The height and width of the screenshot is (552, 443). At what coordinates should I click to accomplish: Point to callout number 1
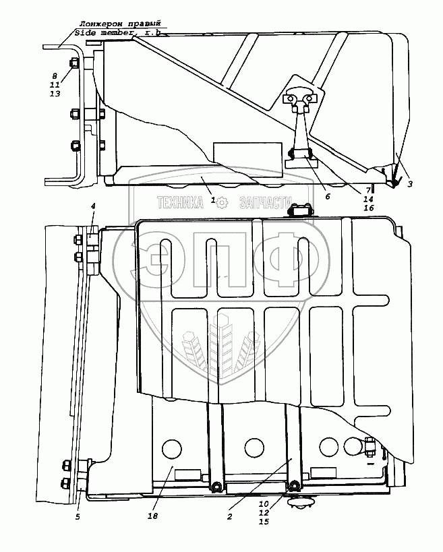213,200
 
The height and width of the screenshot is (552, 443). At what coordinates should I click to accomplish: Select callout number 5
78,517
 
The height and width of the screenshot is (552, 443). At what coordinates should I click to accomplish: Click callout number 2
229,516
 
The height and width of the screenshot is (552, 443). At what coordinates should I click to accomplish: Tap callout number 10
264,503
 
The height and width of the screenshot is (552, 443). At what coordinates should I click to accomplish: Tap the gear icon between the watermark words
226,202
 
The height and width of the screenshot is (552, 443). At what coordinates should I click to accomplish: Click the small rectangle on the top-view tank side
247,152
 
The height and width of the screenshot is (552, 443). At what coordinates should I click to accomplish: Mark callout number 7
368,190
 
